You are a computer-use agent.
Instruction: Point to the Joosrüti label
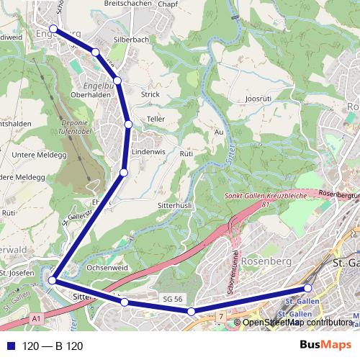[258, 98]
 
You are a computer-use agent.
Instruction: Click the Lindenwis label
[149, 153]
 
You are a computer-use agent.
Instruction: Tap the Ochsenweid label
[107, 268]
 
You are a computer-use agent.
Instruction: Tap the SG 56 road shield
[171, 298]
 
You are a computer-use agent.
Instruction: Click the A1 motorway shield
[37, 318]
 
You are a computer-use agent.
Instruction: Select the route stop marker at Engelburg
[53, 30]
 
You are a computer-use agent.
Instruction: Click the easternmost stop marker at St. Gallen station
[308, 289]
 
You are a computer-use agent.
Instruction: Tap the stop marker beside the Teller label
[128, 125]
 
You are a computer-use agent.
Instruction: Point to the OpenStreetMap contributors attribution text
[296, 322]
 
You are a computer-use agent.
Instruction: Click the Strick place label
[150, 94]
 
